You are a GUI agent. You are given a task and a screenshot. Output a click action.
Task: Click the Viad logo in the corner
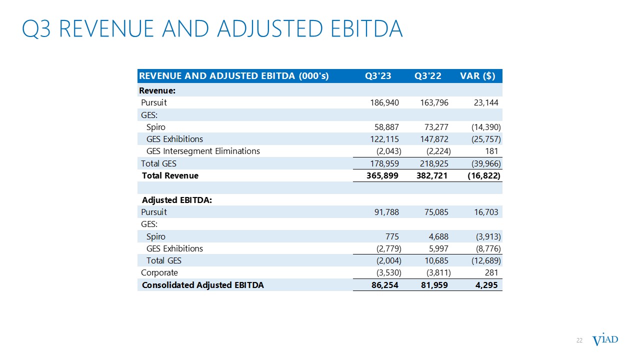(x=605, y=340)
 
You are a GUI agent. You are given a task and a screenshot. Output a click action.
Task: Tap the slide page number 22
(x=579, y=340)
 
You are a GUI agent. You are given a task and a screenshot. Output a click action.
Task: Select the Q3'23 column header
(x=378, y=76)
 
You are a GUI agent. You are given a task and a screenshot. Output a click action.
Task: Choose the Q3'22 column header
(x=428, y=76)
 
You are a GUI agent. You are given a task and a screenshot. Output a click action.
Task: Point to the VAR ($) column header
(x=477, y=76)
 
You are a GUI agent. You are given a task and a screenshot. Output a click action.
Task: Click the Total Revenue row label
(x=170, y=175)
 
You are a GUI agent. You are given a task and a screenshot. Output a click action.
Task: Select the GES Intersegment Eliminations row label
(x=203, y=151)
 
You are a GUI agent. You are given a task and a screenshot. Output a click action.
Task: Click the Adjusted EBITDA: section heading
(x=177, y=200)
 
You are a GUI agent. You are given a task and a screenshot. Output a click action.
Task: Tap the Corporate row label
(x=159, y=273)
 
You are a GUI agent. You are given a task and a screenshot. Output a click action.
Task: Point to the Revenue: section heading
(x=157, y=90)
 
